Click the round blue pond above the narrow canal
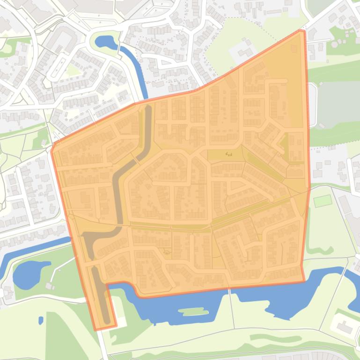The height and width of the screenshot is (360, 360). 106,42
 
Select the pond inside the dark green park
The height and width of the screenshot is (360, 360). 29,274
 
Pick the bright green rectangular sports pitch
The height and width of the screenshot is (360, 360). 323,201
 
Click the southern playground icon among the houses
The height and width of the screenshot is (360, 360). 168,252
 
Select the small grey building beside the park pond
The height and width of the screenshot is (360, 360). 50,285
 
